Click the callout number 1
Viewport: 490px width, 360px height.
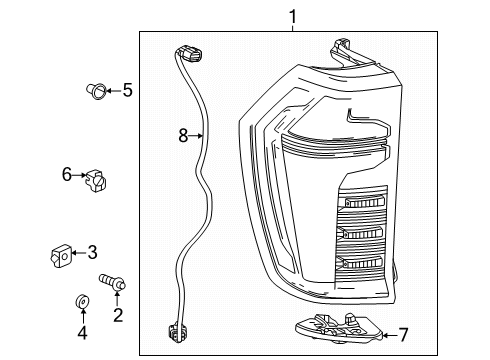point(292,17)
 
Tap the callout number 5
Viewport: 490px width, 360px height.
point(128,90)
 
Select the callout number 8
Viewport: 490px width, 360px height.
point(183,136)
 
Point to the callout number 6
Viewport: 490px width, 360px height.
point(67,174)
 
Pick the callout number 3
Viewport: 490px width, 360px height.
point(92,252)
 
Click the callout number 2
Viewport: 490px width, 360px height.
point(118,315)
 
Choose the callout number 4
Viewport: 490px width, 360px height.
point(82,332)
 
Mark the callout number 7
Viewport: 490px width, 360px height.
point(403,335)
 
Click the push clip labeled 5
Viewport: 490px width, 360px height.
point(96,91)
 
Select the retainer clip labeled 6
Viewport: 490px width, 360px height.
point(96,181)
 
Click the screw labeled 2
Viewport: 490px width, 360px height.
point(112,282)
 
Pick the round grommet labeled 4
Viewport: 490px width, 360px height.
point(82,302)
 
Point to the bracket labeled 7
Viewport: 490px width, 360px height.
point(339,328)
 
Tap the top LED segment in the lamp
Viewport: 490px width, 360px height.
point(364,202)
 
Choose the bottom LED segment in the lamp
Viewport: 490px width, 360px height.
point(361,262)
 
